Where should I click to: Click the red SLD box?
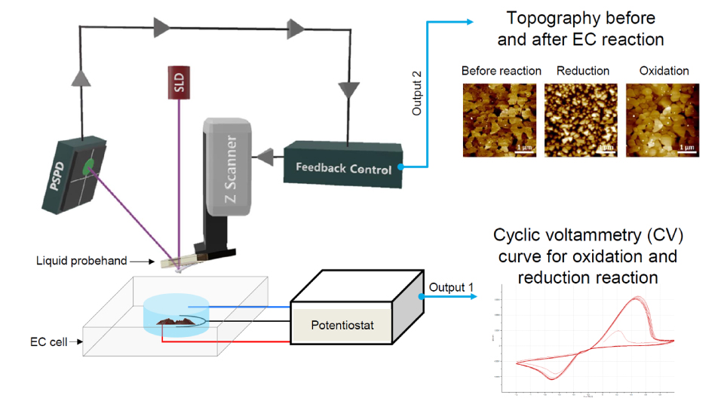[179, 83]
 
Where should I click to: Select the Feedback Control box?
[343, 162]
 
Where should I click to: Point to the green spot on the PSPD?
[89, 166]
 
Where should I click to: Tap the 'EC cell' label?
[46, 341]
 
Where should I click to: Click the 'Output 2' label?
[416, 93]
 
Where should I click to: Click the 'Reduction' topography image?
[582, 119]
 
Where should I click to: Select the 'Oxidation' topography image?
[664, 119]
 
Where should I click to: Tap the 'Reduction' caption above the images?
[582, 71]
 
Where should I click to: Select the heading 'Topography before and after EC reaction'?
[581, 29]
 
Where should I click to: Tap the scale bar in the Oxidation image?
[686, 150]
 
